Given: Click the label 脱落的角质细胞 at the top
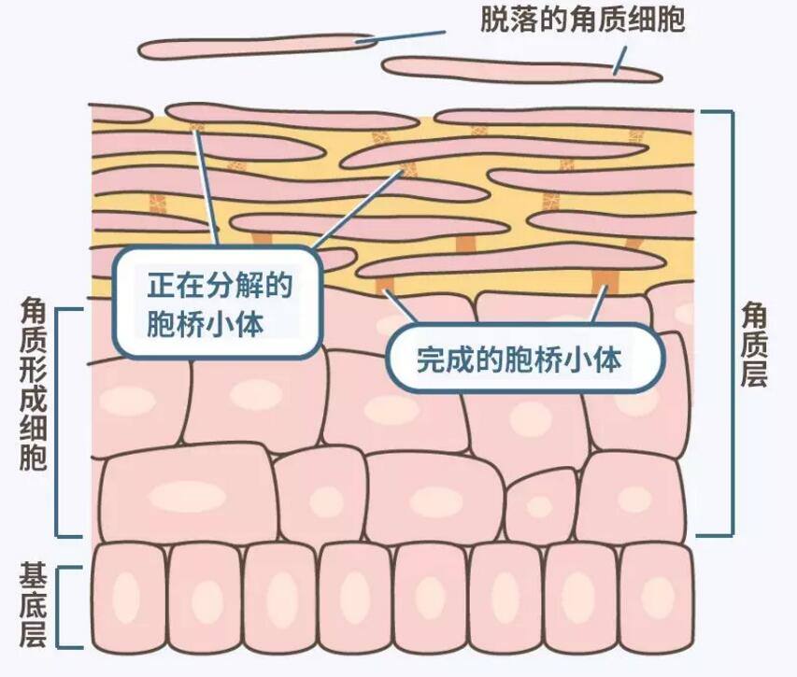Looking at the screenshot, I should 583,20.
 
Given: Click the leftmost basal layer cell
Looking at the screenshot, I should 126,597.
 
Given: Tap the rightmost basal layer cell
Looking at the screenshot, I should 658,597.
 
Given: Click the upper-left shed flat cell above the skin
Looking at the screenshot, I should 257,46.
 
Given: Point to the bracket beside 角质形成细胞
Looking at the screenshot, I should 60,420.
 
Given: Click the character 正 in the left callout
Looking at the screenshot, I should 162,286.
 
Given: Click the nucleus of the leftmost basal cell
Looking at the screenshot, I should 126,597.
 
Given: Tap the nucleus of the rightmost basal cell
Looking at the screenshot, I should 658,597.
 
